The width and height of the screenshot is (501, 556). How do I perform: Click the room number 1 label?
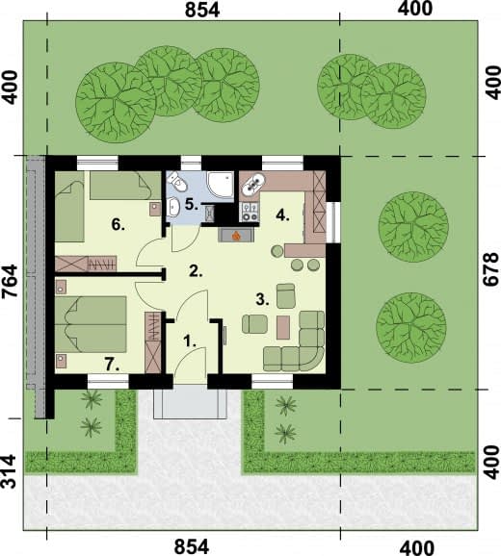click(x=190, y=341)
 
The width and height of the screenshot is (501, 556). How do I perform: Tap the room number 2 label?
click(x=196, y=271)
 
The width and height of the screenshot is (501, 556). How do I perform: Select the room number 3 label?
click(x=262, y=300)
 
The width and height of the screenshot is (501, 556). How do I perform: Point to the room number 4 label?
click(x=282, y=215)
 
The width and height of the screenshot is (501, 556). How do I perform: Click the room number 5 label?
click(x=192, y=205)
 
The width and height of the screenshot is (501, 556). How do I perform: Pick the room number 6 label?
click(x=118, y=224)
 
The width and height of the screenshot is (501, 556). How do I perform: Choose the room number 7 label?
click(x=112, y=365)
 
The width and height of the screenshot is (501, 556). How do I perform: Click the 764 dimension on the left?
click(x=10, y=282)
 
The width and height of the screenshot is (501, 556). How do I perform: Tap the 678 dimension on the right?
click(x=491, y=269)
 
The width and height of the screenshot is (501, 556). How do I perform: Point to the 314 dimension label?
click(x=10, y=471)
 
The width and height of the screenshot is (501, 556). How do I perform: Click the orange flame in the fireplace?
click(x=236, y=235)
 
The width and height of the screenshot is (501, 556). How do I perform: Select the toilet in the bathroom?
click(x=177, y=181)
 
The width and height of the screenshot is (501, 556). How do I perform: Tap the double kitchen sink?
click(x=253, y=183)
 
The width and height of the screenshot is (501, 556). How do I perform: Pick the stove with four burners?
click(x=249, y=212)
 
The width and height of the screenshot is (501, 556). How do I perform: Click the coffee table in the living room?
click(x=283, y=327)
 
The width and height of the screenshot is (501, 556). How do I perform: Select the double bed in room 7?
click(x=91, y=324)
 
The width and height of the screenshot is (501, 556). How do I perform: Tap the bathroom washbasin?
click(x=173, y=207)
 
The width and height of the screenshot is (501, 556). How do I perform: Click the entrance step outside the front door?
click(x=190, y=402)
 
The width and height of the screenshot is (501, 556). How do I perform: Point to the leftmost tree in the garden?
click(x=116, y=103)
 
